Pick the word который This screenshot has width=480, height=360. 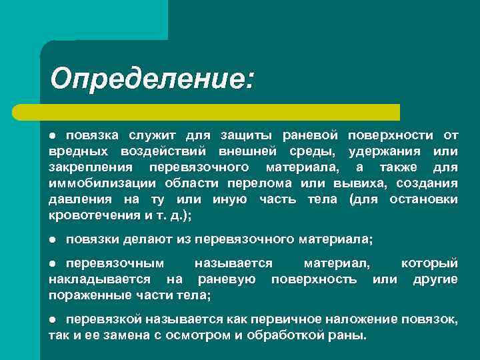pos(429,263)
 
